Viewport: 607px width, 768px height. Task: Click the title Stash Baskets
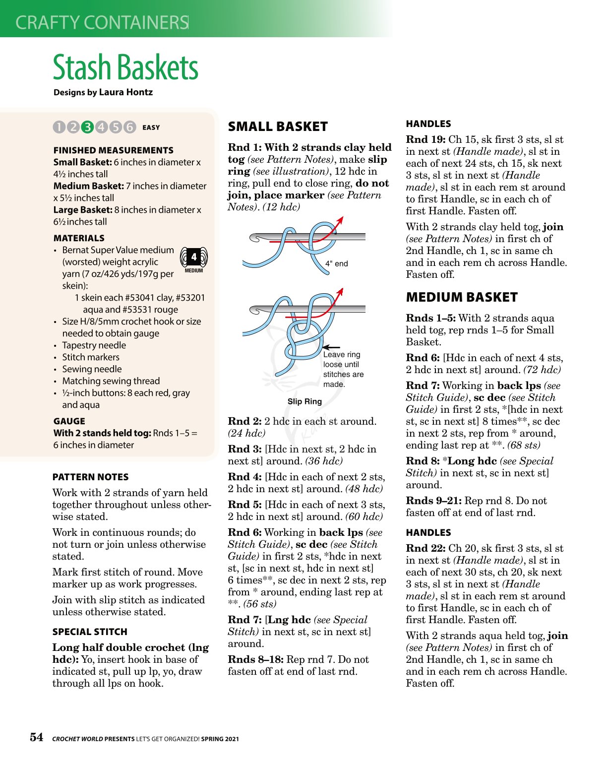click(x=125, y=67)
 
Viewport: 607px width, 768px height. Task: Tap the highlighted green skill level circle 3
click(x=87, y=128)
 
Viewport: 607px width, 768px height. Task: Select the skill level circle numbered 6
click(x=129, y=128)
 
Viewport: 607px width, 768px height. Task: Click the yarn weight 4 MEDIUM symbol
click(x=193, y=259)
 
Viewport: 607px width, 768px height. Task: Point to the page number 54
click(x=37, y=737)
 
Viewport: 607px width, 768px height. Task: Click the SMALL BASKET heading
click(x=278, y=127)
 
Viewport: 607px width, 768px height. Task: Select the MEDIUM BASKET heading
click(x=462, y=298)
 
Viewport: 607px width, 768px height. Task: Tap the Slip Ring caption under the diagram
click(x=304, y=401)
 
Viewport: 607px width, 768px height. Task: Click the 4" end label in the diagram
click(x=337, y=263)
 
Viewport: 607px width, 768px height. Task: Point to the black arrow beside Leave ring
click(x=331, y=348)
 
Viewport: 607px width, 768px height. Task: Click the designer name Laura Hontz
click(x=126, y=92)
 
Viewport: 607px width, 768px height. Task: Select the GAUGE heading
click(x=69, y=421)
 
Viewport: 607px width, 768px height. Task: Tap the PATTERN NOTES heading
click(x=90, y=477)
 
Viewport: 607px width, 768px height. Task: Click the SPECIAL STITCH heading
click(x=90, y=632)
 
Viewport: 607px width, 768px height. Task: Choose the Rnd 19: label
click(x=425, y=140)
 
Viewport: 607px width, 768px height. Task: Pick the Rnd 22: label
click(x=425, y=549)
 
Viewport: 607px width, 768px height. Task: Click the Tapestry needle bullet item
click(x=94, y=345)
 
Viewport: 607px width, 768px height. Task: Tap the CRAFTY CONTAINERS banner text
click(x=102, y=22)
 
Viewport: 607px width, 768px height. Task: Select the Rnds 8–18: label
click(x=255, y=660)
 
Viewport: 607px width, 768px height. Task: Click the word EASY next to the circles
click(x=151, y=128)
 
